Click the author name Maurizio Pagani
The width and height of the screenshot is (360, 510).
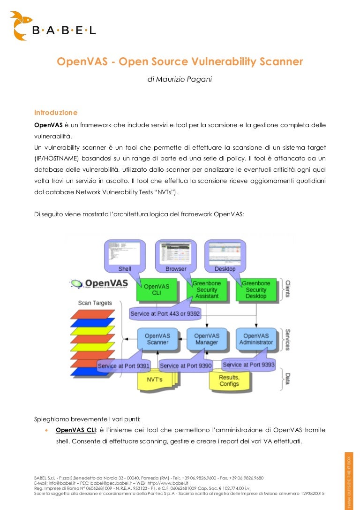(x=180, y=79)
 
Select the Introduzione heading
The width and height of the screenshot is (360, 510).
(x=55, y=113)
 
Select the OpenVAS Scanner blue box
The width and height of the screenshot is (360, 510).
(x=157, y=339)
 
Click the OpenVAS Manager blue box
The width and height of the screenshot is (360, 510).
(x=207, y=339)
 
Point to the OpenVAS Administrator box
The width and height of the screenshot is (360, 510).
(x=256, y=339)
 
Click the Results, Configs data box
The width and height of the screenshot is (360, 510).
(x=229, y=381)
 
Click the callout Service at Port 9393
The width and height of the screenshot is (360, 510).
(x=248, y=364)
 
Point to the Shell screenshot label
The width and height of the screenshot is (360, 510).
(x=125, y=269)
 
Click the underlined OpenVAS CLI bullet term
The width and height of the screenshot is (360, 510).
(x=75, y=430)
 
